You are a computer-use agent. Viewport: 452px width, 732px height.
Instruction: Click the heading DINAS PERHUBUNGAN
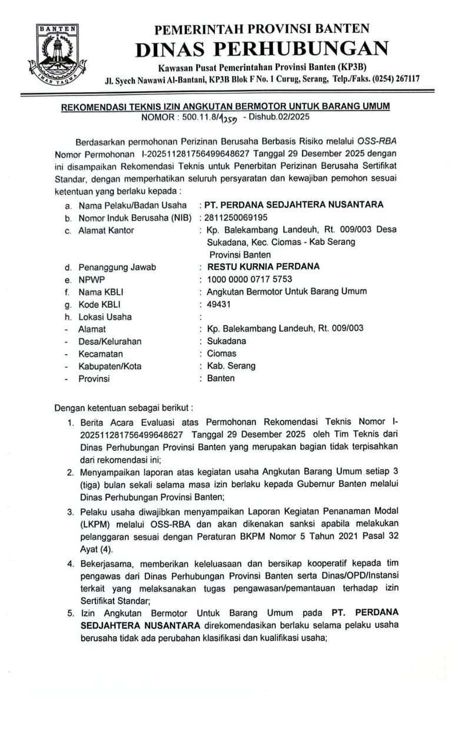262,49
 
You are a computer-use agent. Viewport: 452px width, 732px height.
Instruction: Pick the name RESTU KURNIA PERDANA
260,266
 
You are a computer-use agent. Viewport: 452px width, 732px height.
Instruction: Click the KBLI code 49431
219,304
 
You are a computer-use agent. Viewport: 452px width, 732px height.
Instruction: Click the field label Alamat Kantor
106,230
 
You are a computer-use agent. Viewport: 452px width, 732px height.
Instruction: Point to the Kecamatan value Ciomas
221,354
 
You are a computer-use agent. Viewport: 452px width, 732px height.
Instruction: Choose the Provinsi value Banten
221,378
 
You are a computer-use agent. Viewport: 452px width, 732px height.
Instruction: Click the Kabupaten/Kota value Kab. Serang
231,366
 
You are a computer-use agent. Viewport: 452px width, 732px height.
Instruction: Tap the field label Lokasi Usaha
105,316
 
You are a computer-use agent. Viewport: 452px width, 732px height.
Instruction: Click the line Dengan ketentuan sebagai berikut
123,407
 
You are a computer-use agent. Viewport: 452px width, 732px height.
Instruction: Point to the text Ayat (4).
97,550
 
